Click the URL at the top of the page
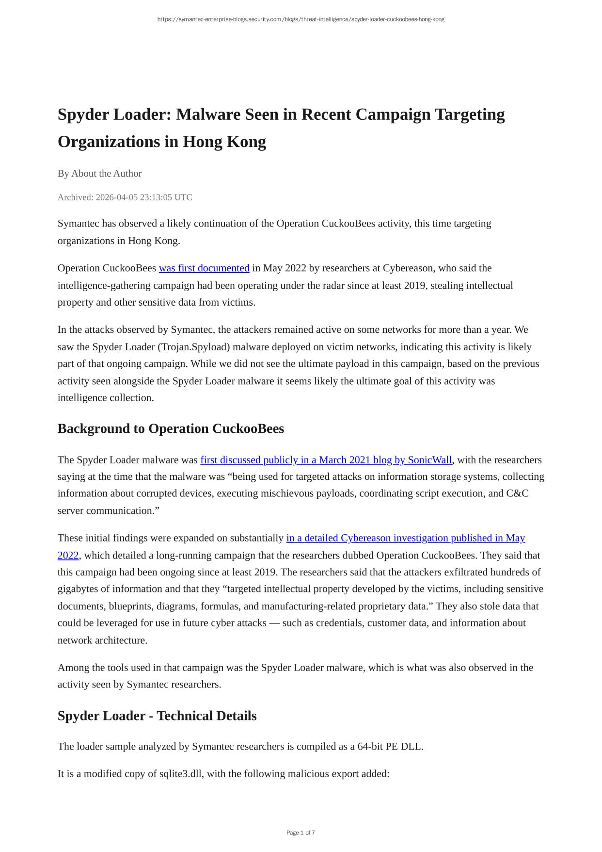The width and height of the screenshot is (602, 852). pos(301,19)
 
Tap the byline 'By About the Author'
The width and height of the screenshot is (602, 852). pos(99,173)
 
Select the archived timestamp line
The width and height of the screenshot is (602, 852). pos(125,197)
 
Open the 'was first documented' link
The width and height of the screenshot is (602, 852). pos(204,268)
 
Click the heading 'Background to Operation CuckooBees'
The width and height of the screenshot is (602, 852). pos(171,428)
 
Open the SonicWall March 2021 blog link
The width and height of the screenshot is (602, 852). pos(326,459)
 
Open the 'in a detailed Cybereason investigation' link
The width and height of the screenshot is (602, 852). pos(405,538)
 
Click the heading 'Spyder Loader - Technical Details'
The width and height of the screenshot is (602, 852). pos(157,716)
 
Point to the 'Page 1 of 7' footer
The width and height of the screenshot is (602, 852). pos(301,833)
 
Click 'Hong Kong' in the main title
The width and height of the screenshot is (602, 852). pos(224,142)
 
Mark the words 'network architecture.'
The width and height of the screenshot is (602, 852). pos(102,640)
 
